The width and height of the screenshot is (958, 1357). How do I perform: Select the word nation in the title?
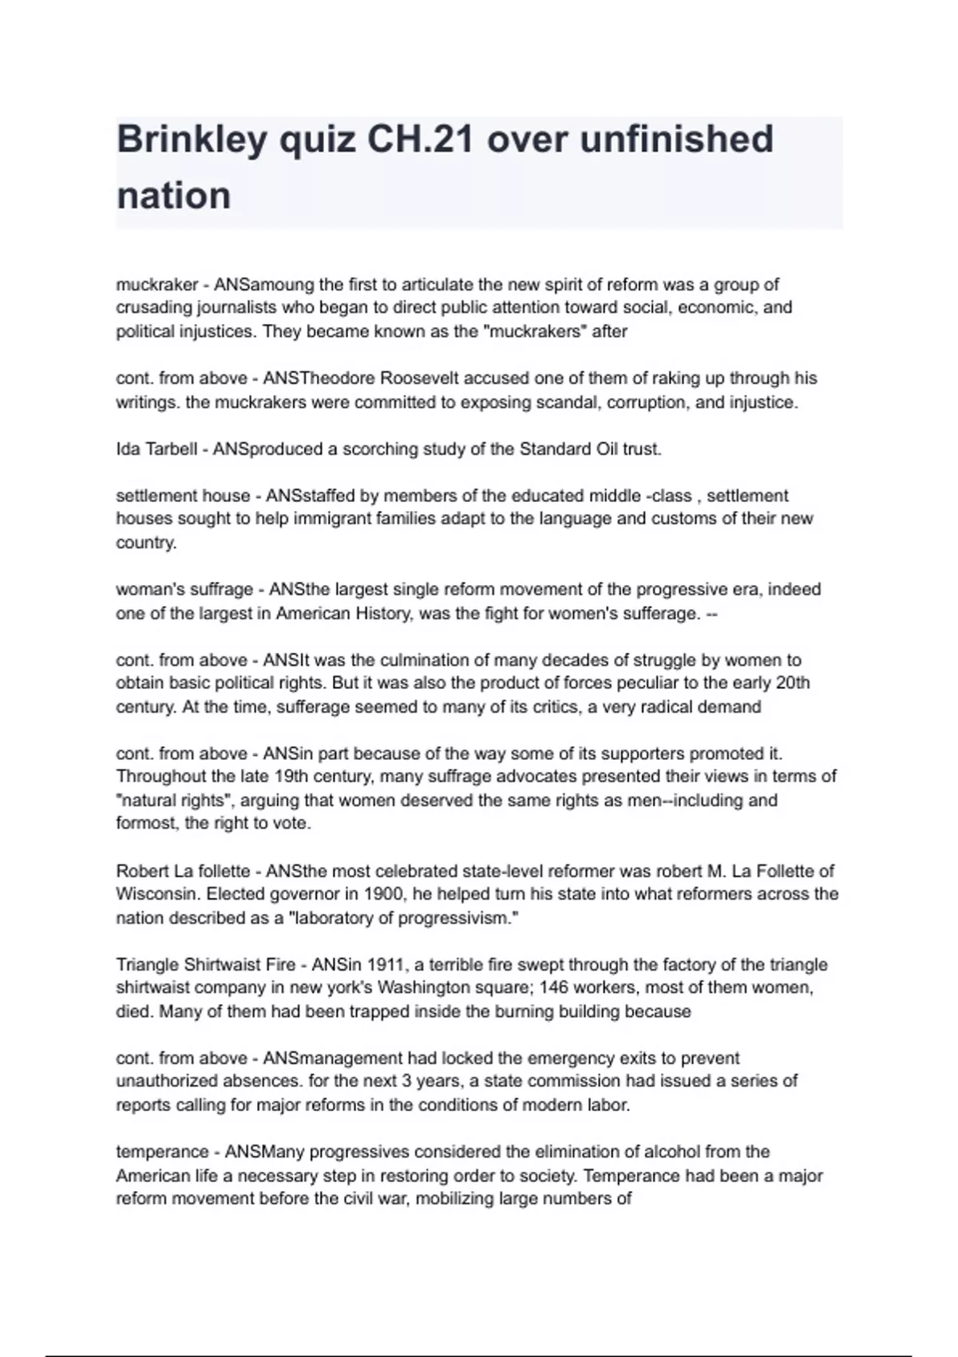click(173, 196)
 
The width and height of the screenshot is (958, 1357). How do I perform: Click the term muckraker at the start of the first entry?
click(156, 285)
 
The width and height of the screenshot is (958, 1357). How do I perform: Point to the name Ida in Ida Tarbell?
click(128, 449)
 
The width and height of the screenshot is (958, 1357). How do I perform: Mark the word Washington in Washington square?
click(423, 987)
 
